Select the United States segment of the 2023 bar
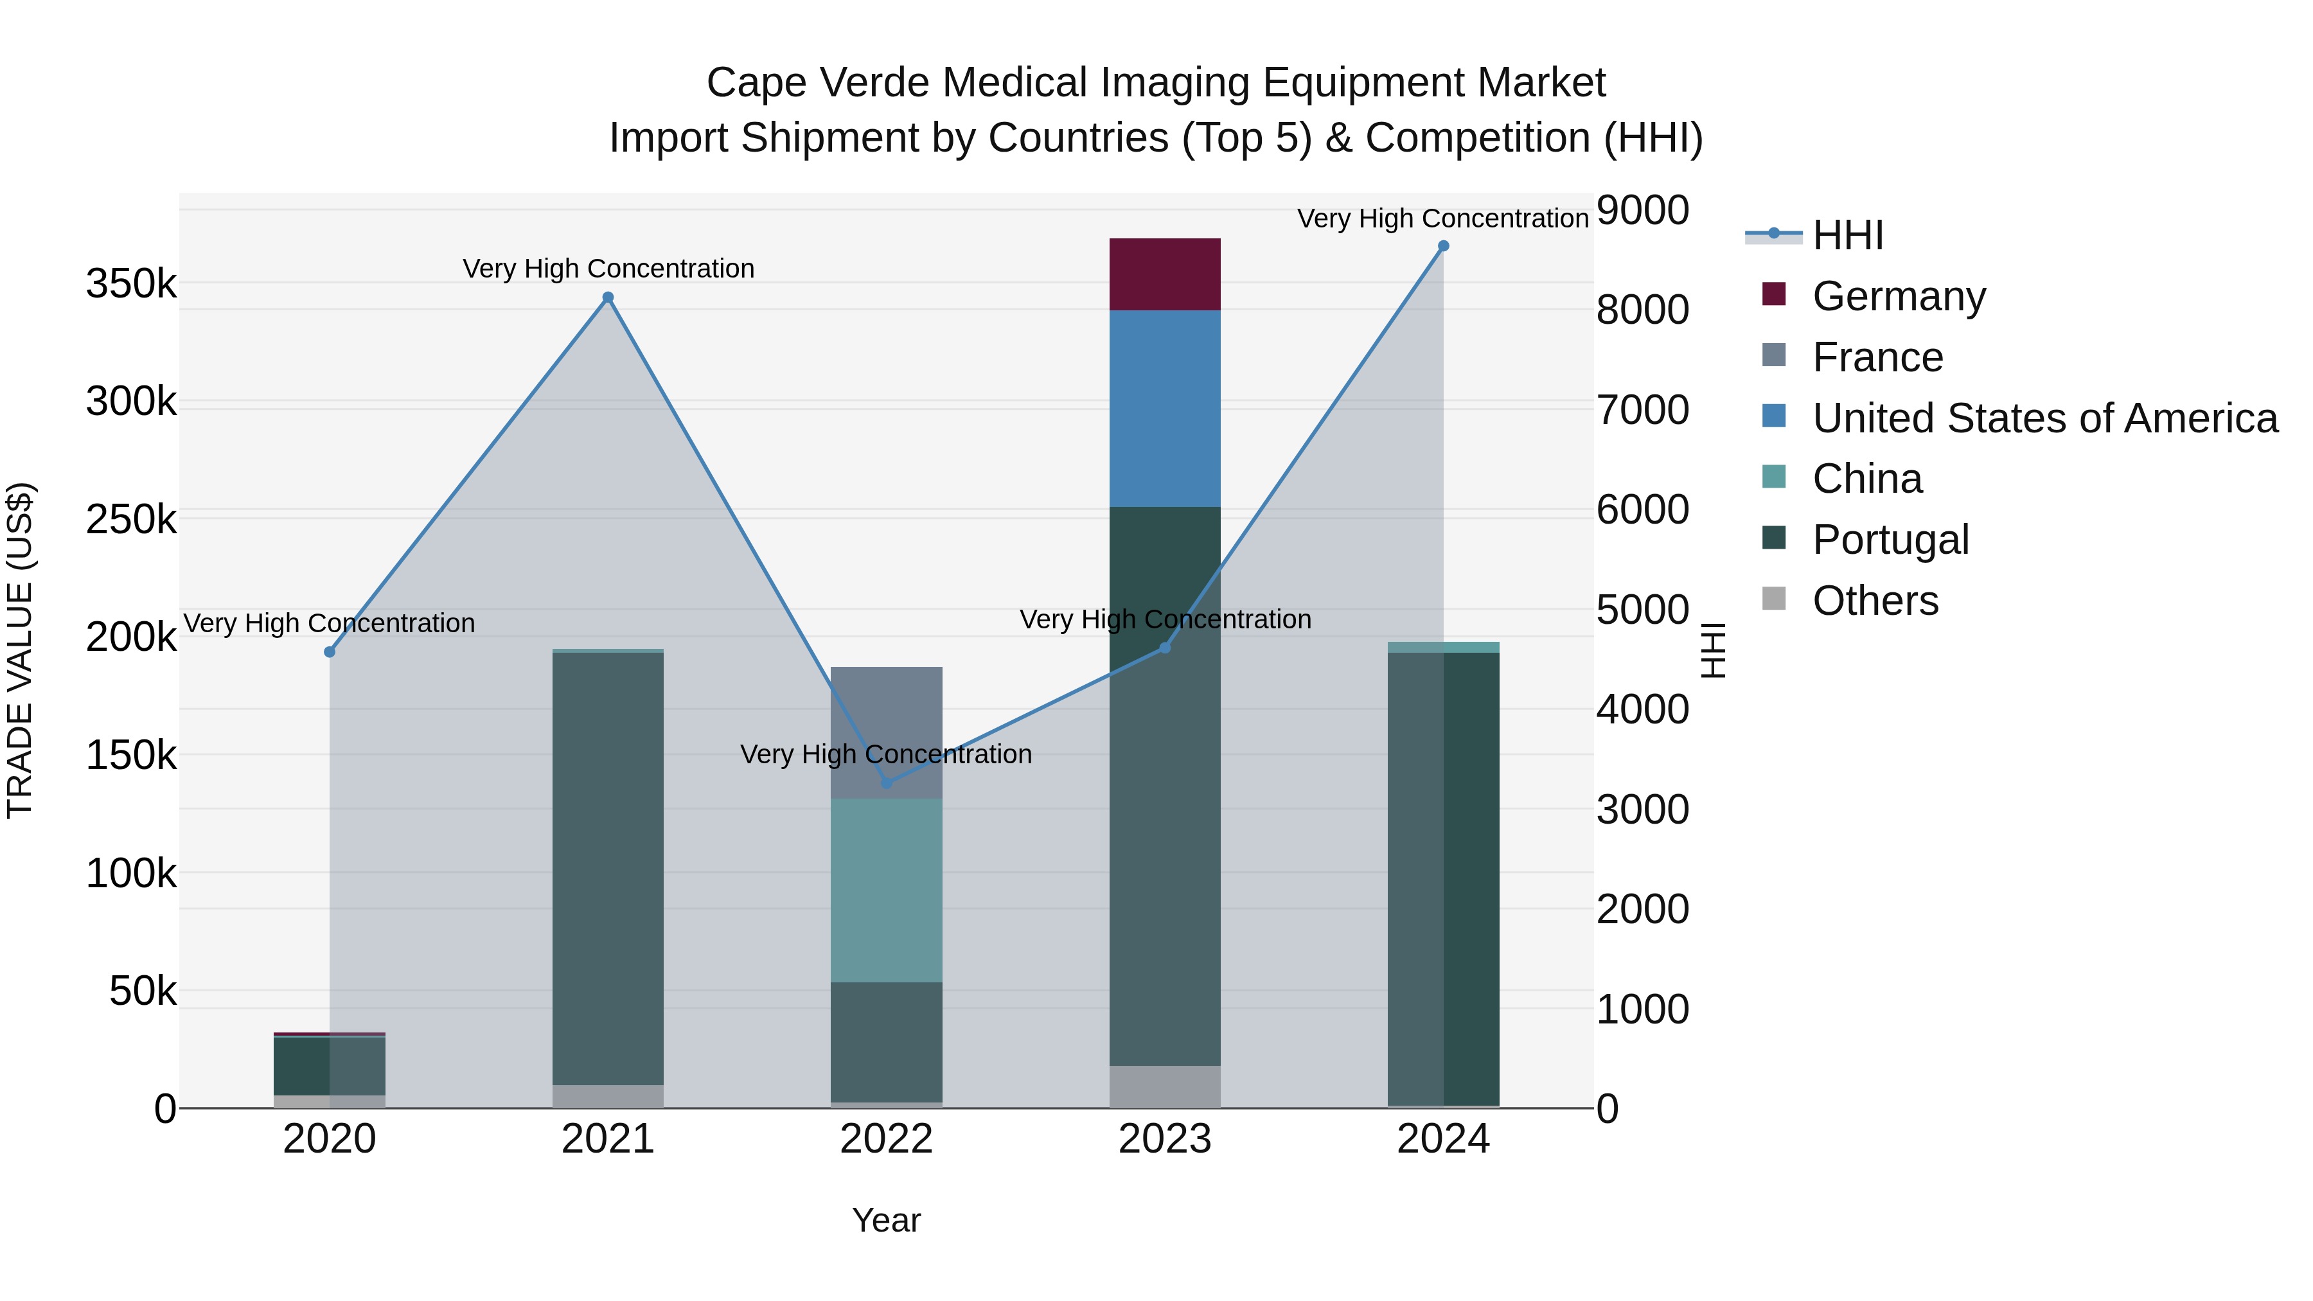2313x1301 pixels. tap(1165, 409)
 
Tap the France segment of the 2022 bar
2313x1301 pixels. tap(886, 732)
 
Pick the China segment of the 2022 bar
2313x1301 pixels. tap(886, 890)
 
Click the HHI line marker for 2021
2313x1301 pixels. tap(608, 297)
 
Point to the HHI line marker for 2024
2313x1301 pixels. tap(1443, 246)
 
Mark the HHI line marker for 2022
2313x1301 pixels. tap(886, 783)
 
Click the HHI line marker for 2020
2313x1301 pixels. tap(330, 652)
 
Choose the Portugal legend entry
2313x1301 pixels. tap(1890, 540)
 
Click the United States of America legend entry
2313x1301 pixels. tap(2044, 418)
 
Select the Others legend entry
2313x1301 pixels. tap(1875, 601)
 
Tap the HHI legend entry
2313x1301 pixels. tap(1847, 235)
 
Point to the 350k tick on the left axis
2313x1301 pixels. tap(131, 284)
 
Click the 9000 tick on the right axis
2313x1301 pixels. tap(1642, 211)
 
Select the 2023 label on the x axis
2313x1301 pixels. tap(1165, 1139)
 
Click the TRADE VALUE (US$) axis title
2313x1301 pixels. tap(20, 650)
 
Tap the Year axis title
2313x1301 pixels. tap(886, 1220)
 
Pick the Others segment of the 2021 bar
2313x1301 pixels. tap(608, 1096)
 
